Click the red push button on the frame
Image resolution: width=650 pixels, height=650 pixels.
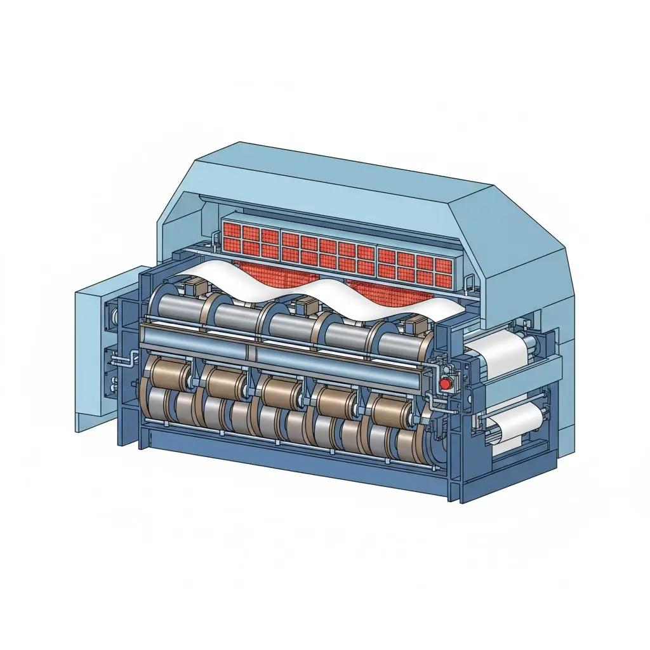pos(445,383)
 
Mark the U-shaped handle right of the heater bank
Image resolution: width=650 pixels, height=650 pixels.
pos(470,285)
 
